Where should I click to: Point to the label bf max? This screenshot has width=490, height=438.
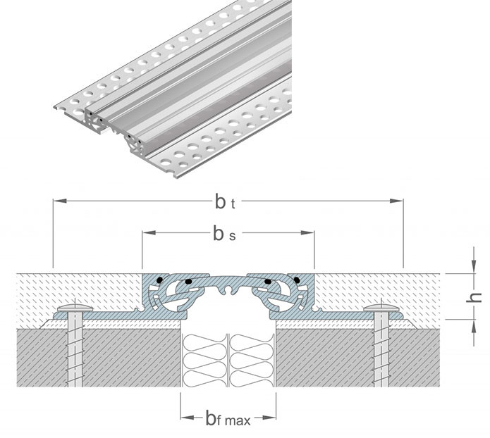tap(227, 421)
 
